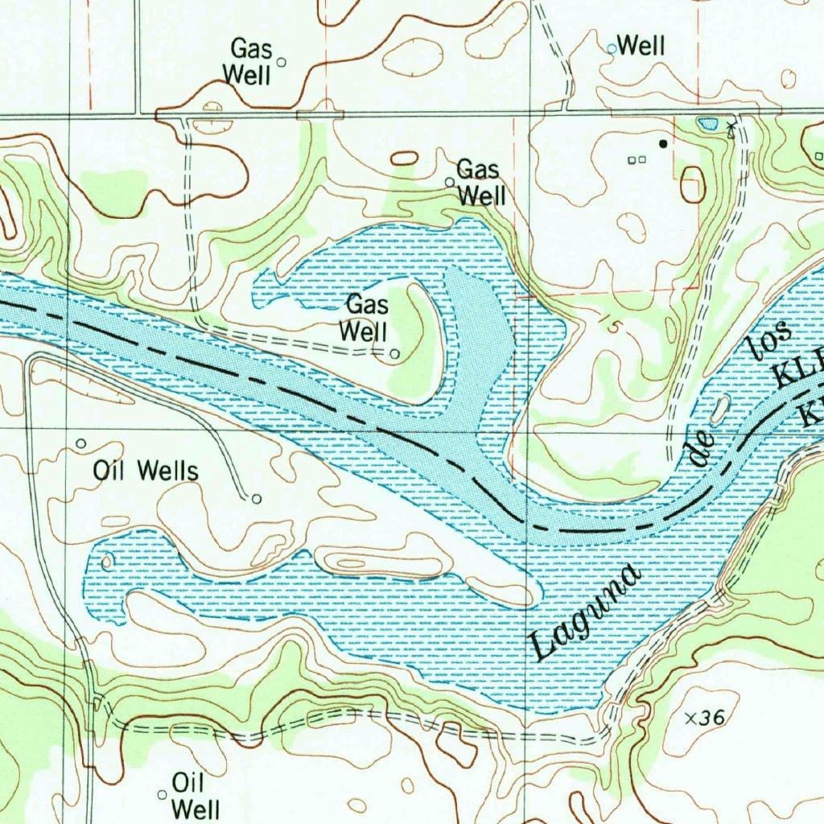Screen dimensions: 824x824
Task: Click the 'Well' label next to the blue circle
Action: [x=641, y=47]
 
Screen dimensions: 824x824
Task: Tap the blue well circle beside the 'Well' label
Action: [x=612, y=49]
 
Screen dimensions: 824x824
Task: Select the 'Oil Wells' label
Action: [x=146, y=471]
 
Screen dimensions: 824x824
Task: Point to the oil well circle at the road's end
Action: [x=257, y=499]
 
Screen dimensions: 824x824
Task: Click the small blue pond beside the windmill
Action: [x=707, y=124]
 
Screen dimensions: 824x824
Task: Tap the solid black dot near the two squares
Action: [x=663, y=143]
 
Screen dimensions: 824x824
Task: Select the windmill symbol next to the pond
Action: [x=731, y=127]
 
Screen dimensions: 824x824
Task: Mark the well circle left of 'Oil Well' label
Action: [x=162, y=795]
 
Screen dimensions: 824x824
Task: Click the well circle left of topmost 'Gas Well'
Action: [x=281, y=62]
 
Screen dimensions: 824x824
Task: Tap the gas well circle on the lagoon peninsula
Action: [x=394, y=353]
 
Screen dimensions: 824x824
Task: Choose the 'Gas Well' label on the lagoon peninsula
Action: [x=365, y=318]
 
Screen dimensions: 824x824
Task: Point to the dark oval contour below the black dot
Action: [x=692, y=184]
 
